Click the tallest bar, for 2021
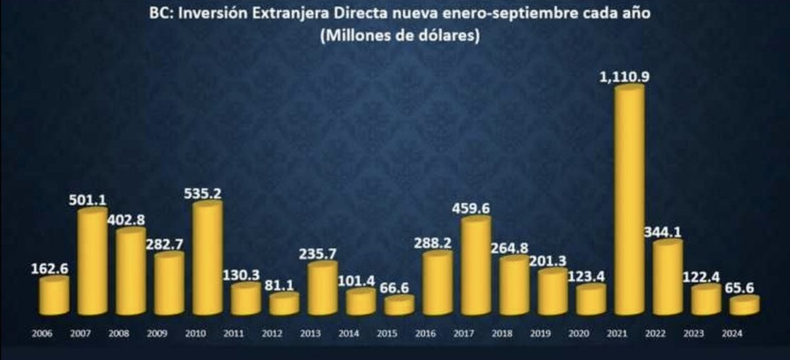click(629, 201)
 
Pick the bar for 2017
click(475, 267)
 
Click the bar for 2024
click(744, 306)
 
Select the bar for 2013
click(322, 289)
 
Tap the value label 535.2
click(206, 192)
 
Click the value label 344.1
click(665, 232)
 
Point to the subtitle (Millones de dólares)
click(399, 37)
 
